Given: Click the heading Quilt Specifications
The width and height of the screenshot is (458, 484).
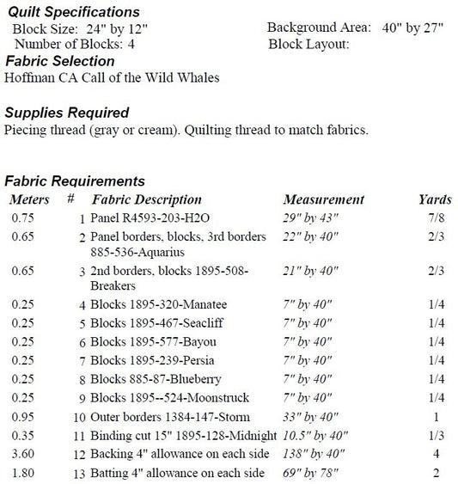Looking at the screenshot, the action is pyautogui.click(x=72, y=12).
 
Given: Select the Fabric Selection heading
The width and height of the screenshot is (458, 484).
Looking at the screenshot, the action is pyautogui.click(x=59, y=61).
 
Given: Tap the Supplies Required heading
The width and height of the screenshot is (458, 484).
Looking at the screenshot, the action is pyautogui.click(x=67, y=113).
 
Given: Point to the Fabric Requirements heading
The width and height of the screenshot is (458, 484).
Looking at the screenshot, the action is pyautogui.click(x=74, y=181).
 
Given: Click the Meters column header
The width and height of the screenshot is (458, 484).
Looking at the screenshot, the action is pyautogui.click(x=29, y=199).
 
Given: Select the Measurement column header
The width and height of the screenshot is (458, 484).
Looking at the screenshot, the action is pyautogui.click(x=323, y=199).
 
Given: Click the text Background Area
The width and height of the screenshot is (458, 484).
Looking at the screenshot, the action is pyautogui.click(x=320, y=28).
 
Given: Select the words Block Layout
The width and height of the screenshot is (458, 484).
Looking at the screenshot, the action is pyautogui.click(x=308, y=43).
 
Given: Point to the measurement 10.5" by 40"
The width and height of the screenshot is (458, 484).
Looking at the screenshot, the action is pyautogui.click(x=316, y=435).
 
